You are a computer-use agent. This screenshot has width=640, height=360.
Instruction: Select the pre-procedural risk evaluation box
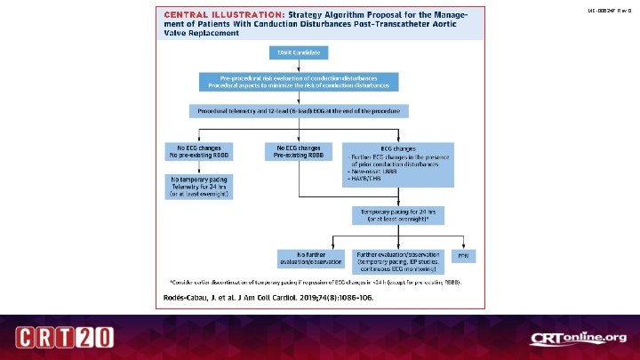298,82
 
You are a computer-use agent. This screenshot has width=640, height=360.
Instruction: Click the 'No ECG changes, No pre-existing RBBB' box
199,151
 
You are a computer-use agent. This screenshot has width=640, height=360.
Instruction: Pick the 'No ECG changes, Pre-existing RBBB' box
298,151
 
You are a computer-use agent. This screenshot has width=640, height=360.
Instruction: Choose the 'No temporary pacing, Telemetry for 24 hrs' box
199,185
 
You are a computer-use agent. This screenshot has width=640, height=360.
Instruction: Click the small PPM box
462,256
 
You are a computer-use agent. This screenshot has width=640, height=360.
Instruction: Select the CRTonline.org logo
579,339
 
